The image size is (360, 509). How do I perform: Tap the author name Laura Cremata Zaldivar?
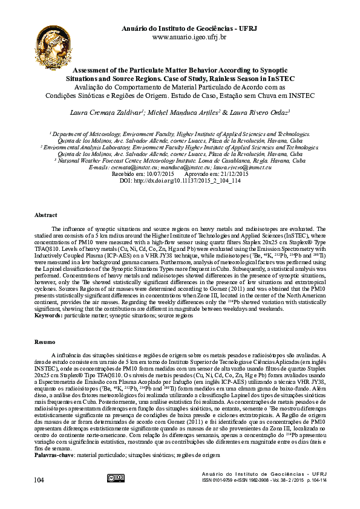click(106, 112)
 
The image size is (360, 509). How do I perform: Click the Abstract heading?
click(46, 215)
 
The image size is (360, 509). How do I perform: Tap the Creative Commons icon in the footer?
click(115, 478)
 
